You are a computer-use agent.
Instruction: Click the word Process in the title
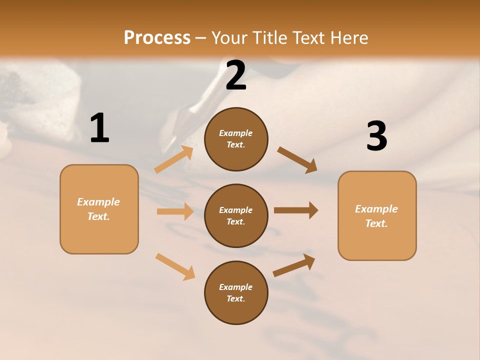(157, 38)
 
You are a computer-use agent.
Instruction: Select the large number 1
(99, 128)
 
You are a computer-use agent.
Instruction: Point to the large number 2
(236, 76)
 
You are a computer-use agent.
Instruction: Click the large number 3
(376, 137)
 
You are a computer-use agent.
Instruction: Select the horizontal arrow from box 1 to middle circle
(175, 211)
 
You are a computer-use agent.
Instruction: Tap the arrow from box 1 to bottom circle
(175, 266)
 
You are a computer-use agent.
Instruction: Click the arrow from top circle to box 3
(297, 160)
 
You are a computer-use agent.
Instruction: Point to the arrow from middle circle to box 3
(296, 210)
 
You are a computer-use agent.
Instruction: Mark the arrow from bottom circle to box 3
(294, 265)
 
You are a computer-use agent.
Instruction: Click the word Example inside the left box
(98, 202)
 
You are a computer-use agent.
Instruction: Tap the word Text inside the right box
(376, 224)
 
